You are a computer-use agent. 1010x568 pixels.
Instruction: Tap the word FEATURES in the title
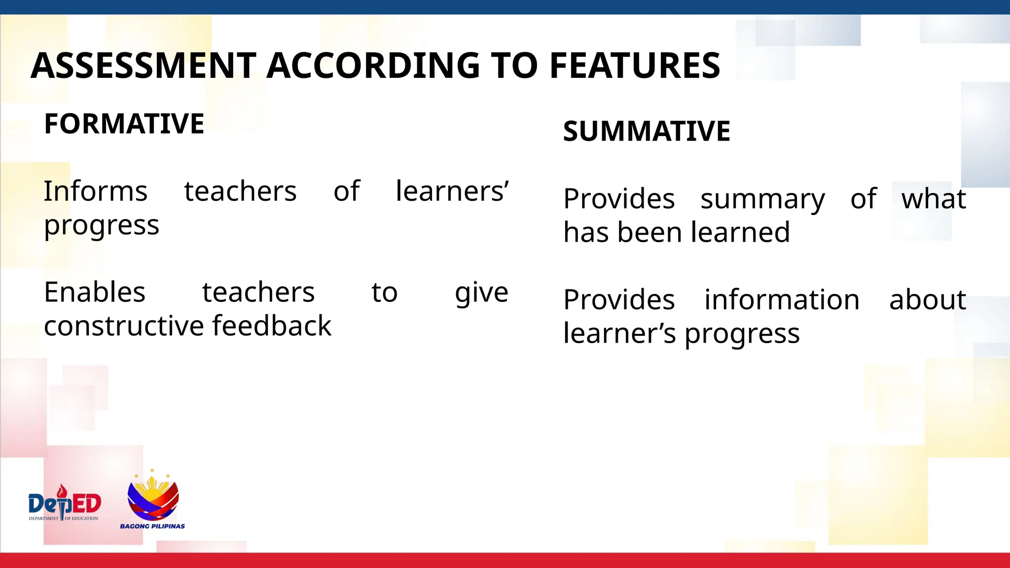(635, 66)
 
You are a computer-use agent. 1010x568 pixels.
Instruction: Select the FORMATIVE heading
(124, 123)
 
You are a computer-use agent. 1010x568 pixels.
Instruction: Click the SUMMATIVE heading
(647, 131)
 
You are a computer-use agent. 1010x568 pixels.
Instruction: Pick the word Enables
(95, 292)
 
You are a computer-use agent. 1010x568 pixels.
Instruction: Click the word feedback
(272, 325)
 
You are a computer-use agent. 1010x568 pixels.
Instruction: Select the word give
(481, 293)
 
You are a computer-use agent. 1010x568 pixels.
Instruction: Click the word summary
(762, 199)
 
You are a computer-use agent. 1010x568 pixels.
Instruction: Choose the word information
(782, 299)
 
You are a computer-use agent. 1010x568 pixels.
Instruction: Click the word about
(927, 299)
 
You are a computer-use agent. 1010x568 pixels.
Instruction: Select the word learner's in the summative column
(619, 333)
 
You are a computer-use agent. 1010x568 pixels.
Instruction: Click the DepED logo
(65, 503)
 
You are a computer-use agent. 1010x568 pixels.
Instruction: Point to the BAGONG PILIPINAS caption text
(152, 526)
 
